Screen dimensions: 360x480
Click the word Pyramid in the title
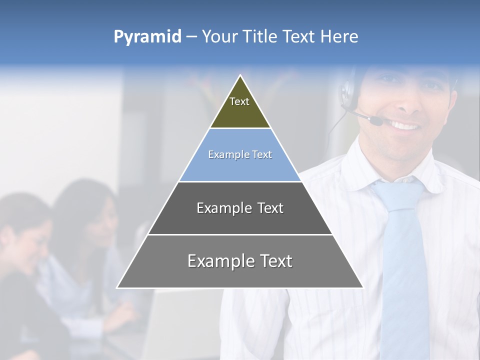147,37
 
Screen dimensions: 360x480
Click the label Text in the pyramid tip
239,101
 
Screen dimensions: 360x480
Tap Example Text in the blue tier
240,154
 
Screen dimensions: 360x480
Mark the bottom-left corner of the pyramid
117,287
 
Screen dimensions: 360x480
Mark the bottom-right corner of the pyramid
362,287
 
